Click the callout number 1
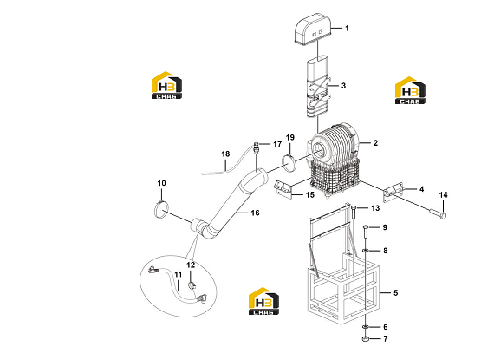(x=347, y=29)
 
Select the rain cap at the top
(x=313, y=29)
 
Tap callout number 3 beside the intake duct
(x=343, y=86)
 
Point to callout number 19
(x=289, y=138)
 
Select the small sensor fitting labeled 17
(x=257, y=147)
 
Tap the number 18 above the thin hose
(x=225, y=154)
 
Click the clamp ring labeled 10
(x=161, y=209)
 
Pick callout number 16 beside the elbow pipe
(x=255, y=213)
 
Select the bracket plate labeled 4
(x=393, y=193)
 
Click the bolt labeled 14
(x=438, y=213)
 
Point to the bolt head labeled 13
(x=353, y=207)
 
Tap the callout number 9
(x=385, y=227)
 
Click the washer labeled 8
(x=366, y=251)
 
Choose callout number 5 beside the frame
(x=396, y=293)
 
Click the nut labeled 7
(x=366, y=339)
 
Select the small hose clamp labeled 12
(x=192, y=286)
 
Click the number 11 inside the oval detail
(x=179, y=274)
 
